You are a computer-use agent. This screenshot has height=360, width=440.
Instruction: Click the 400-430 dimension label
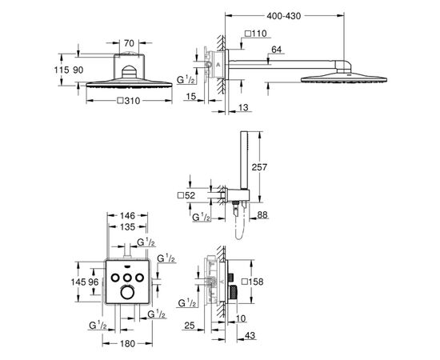click(x=284, y=16)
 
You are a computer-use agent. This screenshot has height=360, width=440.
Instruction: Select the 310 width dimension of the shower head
click(x=129, y=101)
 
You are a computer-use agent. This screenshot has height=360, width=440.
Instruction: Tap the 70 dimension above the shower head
click(x=129, y=43)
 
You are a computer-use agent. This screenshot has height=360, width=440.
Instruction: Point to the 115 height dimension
click(x=62, y=70)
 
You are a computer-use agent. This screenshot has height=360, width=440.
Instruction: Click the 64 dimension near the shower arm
click(x=277, y=50)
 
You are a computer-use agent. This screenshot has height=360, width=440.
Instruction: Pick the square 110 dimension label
click(x=256, y=34)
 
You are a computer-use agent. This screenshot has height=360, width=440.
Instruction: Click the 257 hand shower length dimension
click(x=259, y=167)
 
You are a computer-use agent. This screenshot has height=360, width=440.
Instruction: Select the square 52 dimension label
click(x=186, y=195)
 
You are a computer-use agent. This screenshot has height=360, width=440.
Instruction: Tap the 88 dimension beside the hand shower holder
click(x=262, y=215)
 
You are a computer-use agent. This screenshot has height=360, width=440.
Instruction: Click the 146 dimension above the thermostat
click(x=128, y=216)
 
